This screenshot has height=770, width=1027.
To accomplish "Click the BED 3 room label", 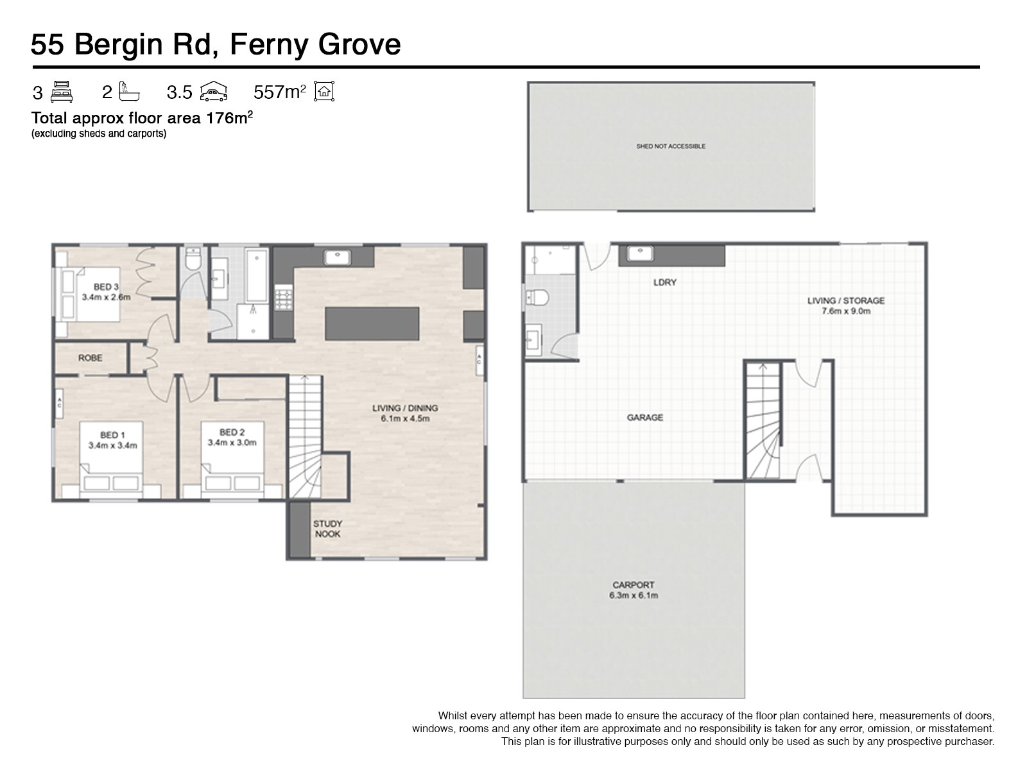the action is [106, 287].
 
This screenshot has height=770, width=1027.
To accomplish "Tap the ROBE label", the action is [91, 358].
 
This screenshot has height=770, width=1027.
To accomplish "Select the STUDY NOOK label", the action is [327, 529].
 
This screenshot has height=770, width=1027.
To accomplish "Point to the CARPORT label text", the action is [634, 585].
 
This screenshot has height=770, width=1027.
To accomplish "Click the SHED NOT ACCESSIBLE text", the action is [671, 146].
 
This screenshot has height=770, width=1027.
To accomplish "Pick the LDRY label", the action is [665, 282].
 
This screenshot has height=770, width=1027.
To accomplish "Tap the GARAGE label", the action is [644, 418].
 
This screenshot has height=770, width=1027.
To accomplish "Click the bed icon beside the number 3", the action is [61, 92].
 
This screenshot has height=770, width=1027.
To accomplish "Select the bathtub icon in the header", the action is [129, 91].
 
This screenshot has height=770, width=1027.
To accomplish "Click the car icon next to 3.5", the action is [213, 92].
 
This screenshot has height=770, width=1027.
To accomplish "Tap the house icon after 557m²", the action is [324, 91].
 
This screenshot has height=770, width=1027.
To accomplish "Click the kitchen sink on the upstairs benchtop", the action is [338, 257].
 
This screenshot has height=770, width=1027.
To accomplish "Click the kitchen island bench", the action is [372, 323].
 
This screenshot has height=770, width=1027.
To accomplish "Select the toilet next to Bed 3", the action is [193, 259].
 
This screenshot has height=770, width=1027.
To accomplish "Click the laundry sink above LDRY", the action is [639, 254].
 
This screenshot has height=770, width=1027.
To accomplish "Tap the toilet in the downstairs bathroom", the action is [537, 298].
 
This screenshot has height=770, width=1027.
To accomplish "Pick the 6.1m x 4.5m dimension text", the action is [405, 418].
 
